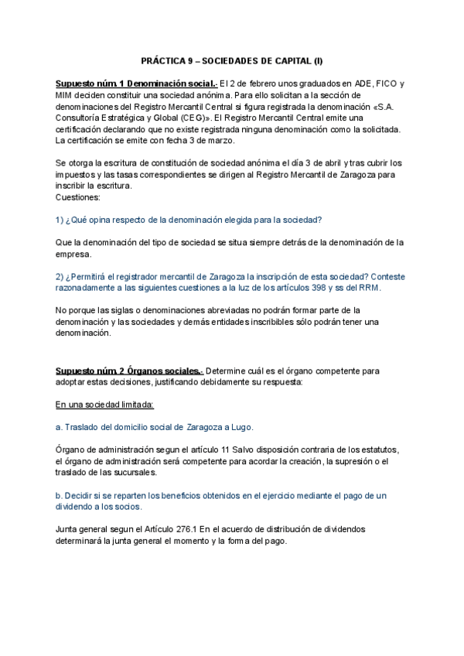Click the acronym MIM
point(66,97)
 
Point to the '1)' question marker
point(60,220)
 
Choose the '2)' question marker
point(60,276)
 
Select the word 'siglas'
point(124,311)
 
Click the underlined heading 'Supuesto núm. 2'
point(90,371)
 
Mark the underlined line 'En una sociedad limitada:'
point(105,405)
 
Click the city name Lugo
point(241,427)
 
